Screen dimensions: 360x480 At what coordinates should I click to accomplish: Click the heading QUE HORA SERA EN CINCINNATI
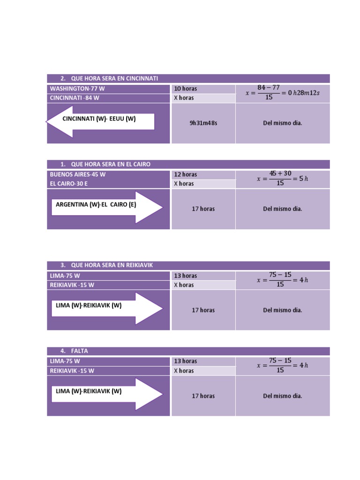pos(114,78)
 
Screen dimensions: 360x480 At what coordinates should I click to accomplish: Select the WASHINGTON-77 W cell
pos(108,89)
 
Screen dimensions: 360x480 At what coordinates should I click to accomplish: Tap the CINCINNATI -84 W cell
pos(108,98)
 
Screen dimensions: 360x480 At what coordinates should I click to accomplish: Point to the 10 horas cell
pos(203,89)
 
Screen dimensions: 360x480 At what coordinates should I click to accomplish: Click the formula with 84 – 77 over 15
pos(282,92)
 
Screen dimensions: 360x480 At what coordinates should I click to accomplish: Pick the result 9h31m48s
pos(203,123)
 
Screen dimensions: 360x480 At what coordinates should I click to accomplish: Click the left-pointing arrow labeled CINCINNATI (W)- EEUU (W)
pos(100,121)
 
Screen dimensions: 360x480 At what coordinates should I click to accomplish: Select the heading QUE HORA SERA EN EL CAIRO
pos(111,165)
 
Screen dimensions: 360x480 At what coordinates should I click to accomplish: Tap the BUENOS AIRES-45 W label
pos(78,174)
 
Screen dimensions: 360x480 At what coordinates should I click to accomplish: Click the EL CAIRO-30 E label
pos(68,184)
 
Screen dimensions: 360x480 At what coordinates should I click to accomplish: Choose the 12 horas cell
pos(203,174)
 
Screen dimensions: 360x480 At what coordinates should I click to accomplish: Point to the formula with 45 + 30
pos(282,178)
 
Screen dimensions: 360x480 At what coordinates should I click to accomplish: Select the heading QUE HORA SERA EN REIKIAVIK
pos(112,265)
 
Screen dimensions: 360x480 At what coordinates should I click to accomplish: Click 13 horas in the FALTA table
pos(186,361)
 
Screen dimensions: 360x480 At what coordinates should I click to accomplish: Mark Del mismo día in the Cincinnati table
pos(283,123)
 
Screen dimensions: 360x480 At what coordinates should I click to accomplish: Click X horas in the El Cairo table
pos(184,184)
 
